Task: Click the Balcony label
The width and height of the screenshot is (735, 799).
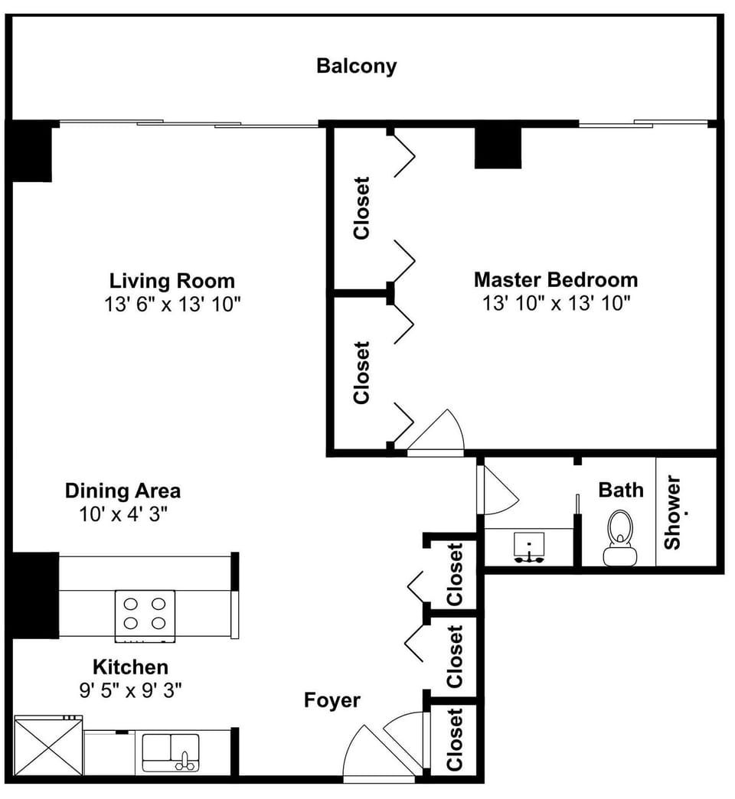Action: [x=357, y=66]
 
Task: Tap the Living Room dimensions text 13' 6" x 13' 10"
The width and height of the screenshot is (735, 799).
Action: [x=172, y=304]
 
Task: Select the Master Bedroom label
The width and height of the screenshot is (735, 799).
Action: [x=555, y=279]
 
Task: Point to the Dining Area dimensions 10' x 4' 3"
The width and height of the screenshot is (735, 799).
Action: [x=122, y=514]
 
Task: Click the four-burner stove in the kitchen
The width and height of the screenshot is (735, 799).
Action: [x=145, y=614]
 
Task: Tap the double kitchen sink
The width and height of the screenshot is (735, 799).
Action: [x=171, y=751]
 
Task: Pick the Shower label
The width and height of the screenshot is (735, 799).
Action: [x=672, y=513]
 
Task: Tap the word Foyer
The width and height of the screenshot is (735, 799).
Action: [x=332, y=700]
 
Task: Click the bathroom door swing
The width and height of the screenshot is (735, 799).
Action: [x=496, y=490]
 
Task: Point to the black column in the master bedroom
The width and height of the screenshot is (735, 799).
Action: [x=498, y=147]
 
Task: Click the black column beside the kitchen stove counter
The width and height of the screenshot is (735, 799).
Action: [x=34, y=595]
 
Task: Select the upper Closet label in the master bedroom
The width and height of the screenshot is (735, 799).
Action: [x=361, y=208]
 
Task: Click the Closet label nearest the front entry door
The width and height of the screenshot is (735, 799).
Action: [x=455, y=739]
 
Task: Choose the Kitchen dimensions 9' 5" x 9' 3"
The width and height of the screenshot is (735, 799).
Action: [x=130, y=691]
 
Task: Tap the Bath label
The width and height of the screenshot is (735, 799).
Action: [x=621, y=490]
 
